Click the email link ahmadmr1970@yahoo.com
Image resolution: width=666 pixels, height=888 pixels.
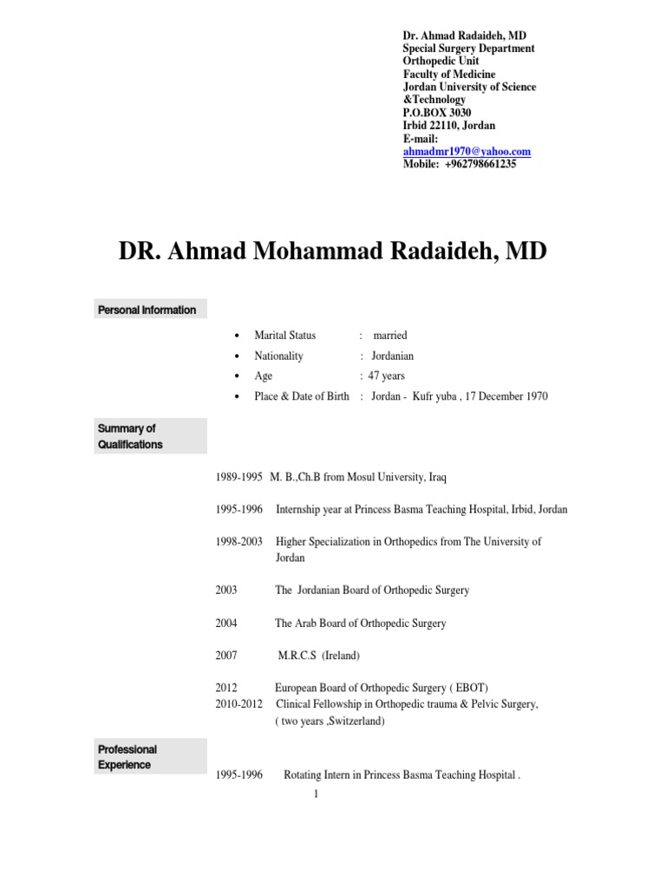(467, 151)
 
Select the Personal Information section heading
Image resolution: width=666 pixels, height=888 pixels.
(147, 310)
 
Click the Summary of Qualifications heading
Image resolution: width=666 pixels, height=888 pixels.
(130, 436)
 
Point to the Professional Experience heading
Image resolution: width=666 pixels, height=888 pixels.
(127, 756)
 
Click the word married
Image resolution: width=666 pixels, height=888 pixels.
(389, 335)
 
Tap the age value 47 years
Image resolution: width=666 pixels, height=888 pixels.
(387, 375)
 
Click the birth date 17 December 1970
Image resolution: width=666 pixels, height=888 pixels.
(503, 396)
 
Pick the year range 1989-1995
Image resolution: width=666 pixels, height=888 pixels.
(238, 477)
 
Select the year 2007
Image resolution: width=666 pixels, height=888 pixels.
(226, 656)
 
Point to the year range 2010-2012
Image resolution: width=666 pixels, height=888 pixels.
(238, 704)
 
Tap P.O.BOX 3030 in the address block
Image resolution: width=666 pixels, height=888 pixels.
(437, 113)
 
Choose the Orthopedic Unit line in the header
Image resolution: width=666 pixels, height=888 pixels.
(441, 62)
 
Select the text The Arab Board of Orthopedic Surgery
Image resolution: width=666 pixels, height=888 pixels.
(361, 623)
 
